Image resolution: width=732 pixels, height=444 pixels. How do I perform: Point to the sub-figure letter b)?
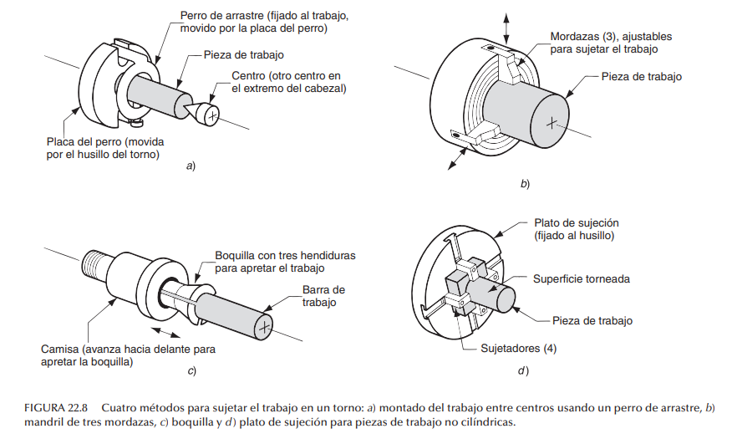tap(525, 182)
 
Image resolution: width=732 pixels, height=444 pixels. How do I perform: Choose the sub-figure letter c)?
tap(191, 369)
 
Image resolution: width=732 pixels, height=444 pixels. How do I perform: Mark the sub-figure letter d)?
tap(523, 369)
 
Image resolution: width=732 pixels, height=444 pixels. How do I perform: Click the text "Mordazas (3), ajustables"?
tap(611, 37)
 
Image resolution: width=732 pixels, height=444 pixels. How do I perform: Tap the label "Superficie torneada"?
tap(582, 278)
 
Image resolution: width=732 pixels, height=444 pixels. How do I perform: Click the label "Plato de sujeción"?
tap(576, 223)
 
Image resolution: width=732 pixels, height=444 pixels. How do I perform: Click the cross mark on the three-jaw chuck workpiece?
tap(550, 123)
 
